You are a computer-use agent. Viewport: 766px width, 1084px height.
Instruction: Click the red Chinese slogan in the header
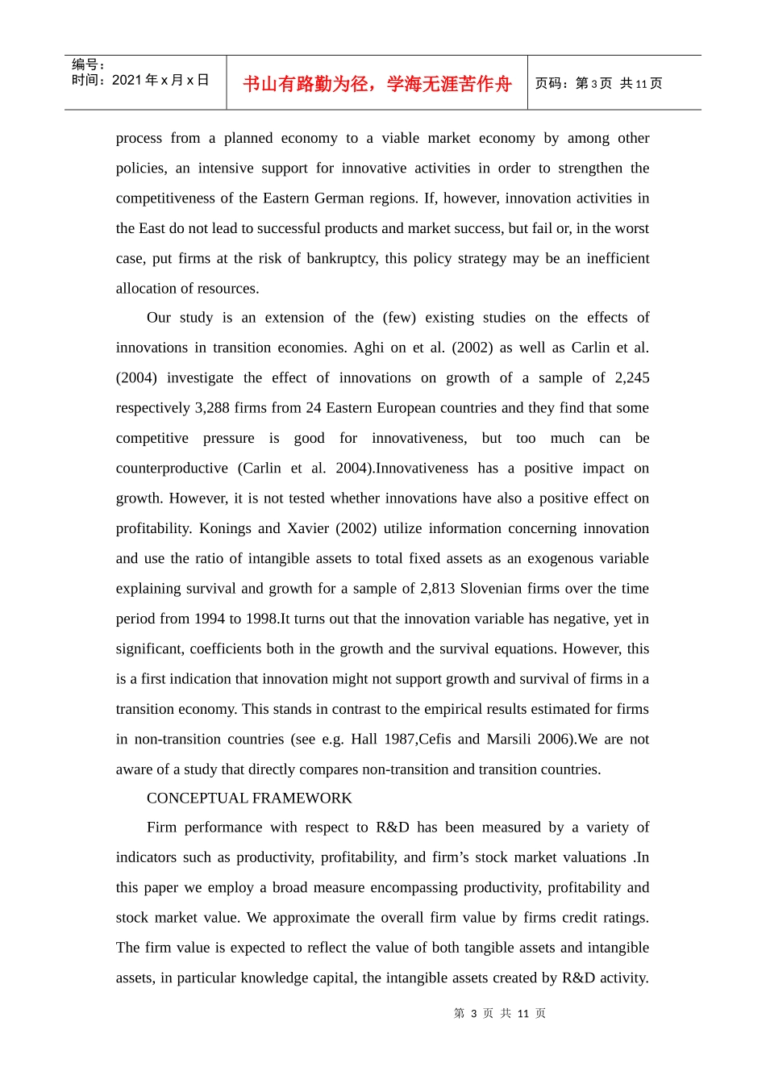(x=377, y=84)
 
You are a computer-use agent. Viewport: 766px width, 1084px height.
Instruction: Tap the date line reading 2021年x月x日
(x=140, y=80)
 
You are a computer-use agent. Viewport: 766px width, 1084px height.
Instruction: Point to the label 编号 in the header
(x=88, y=65)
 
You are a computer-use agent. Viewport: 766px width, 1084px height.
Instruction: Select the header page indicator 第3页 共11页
(x=599, y=84)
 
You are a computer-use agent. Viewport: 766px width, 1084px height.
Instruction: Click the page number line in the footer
(x=500, y=1013)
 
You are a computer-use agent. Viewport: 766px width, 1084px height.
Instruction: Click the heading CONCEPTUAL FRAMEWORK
(x=249, y=798)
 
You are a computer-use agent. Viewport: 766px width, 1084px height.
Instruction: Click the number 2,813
(x=438, y=589)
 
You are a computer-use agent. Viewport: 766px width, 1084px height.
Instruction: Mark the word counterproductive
(x=172, y=469)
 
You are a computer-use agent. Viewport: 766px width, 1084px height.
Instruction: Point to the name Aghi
(x=368, y=348)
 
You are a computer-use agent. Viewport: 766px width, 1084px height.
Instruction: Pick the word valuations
(x=589, y=857)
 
